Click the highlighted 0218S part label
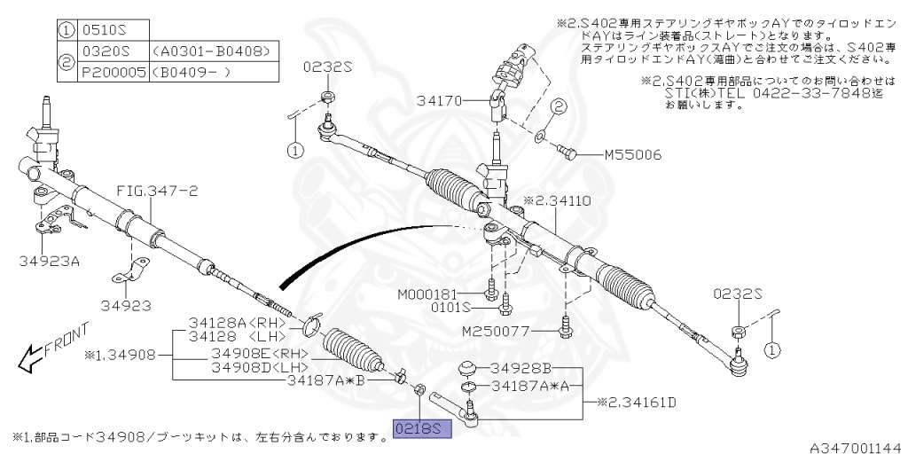tap(423, 428)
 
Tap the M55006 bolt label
tap(632, 154)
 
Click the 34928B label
tap(521, 367)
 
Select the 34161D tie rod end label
tap(637, 403)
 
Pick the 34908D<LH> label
tap(260, 367)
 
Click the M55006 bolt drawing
tap(567, 152)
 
